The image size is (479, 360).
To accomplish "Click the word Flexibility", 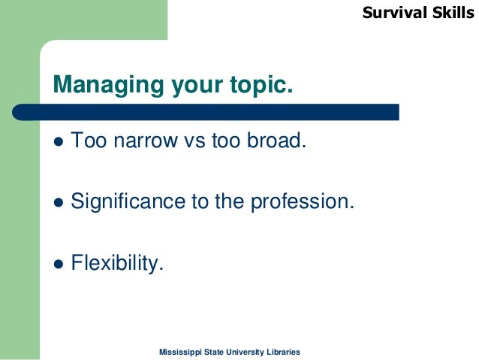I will (x=116, y=263).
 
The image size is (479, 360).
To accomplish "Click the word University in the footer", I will (x=244, y=352).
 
